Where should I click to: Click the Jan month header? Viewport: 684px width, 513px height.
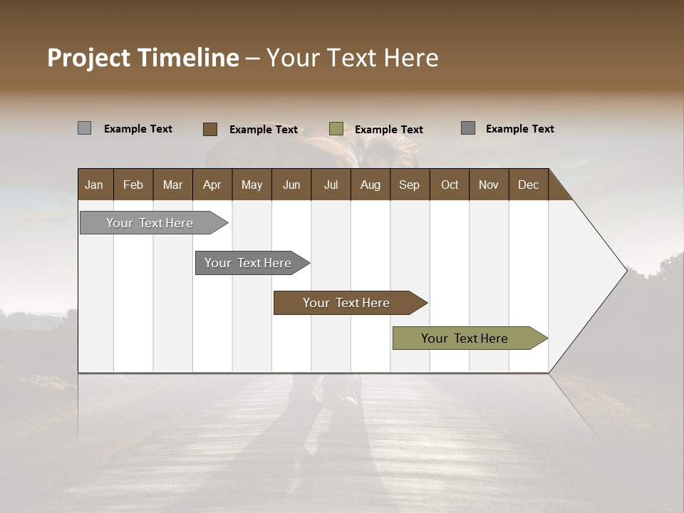click(94, 185)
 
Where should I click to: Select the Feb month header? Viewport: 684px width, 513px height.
click(133, 185)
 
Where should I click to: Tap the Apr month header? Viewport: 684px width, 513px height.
click(212, 185)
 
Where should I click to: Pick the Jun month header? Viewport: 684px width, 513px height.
click(291, 185)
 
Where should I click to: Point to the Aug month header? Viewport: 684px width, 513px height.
click(370, 185)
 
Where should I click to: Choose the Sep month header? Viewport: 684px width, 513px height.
click(410, 185)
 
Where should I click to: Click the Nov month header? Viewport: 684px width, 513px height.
click(489, 185)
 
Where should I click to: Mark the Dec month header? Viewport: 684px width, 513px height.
click(529, 185)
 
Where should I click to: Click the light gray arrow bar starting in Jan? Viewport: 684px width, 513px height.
click(150, 223)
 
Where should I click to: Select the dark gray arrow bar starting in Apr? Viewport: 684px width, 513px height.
click(248, 263)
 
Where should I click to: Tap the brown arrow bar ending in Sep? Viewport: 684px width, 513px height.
click(346, 303)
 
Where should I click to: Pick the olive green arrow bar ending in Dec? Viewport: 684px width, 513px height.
click(465, 338)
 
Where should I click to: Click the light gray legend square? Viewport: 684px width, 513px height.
click(84, 128)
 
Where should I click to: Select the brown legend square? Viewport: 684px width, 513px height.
click(209, 129)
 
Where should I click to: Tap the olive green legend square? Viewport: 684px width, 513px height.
click(336, 129)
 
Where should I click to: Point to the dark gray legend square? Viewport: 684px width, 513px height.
click(467, 128)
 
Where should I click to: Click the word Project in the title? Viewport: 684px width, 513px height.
click(88, 58)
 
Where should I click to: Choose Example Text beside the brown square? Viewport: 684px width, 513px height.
click(264, 130)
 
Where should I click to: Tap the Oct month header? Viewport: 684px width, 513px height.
click(450, 185)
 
